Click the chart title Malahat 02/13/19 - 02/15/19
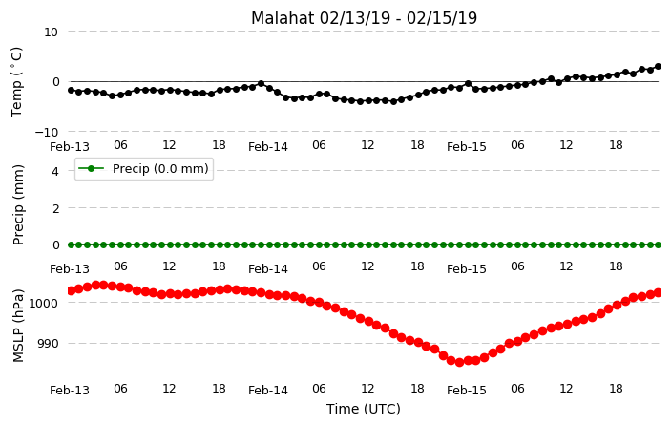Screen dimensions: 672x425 [364, 18]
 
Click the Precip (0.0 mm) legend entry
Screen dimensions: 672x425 [144, 169]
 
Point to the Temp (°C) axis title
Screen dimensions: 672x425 [16, 82]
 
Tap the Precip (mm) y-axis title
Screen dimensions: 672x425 [18, 205]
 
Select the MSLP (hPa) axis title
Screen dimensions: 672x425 [18, 326]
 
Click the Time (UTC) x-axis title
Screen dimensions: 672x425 [364, 409]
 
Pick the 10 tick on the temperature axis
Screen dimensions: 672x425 [51, 32]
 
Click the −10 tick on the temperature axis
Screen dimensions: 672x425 [47, 132]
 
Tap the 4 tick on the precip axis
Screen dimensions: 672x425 [54, 172]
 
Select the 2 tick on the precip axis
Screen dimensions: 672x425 [54, 208]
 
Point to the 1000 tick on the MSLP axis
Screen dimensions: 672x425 [43, 303]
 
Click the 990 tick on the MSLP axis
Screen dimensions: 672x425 [47, 344]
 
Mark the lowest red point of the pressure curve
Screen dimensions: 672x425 [459, 362]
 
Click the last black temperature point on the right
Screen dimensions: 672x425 [659, 67]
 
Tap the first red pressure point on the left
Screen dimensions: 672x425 [72, 290]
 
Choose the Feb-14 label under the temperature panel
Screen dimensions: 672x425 [268, 147]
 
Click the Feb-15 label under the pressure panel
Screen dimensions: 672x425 [466, 391]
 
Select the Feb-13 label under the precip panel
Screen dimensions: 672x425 [70, 269]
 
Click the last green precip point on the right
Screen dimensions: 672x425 [659, 244]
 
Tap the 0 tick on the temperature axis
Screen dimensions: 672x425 [55, 82]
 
